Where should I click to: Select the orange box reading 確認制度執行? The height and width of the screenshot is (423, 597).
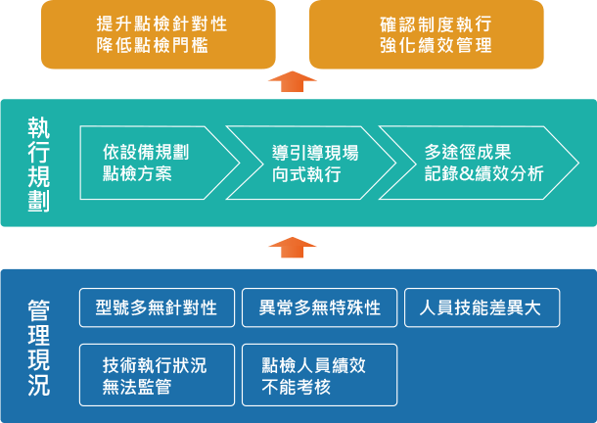426,34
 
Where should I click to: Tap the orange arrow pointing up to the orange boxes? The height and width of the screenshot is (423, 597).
292,81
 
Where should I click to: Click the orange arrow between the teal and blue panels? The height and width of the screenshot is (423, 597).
292,248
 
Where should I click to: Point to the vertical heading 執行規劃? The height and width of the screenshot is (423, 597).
39,164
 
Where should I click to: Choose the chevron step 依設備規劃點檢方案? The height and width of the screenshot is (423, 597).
152,164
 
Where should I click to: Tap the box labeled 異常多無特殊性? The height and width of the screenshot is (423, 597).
319,308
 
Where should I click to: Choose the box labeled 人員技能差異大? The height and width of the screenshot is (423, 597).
482,308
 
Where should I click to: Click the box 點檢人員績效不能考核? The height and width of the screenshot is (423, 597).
319,375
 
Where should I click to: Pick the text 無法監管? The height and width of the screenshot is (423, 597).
137,386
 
